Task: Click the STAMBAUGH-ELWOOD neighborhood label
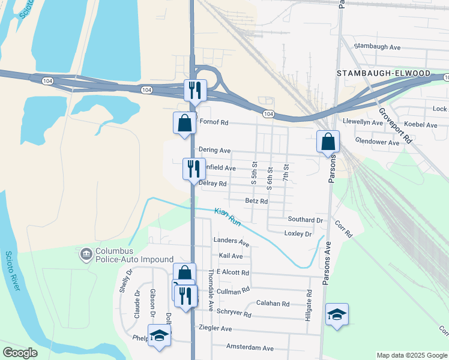pyautogui.click(x=384, y=73)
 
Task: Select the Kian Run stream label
pyautogui.click(x=228, y=217)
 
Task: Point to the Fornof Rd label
pyautogui.click(x=214, y=122)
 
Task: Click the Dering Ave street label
pyautogui.click(x=214, y=151)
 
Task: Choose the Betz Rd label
pyautogui.click(x=256, y=201)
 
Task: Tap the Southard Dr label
pyautogui.click(x=305, y=220)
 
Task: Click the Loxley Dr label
pyautogui.click(x=298, y=234)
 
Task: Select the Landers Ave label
pyautogui.click(x=231, y=242)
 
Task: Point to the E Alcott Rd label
pyautogui.click(x=232, y=272)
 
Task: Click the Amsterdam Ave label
pyautogui.click(x=250, y=348)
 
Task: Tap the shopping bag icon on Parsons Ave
pyautogui.click(x=328, y=142)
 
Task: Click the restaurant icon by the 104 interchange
pyautogui.click(x=195, y=91)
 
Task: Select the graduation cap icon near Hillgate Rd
pyautogui.click(x=337, y=314)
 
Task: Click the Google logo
pyautogui.click(x=20, y=353)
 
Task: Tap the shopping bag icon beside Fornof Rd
pyautogui.click(x=184, y=123)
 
